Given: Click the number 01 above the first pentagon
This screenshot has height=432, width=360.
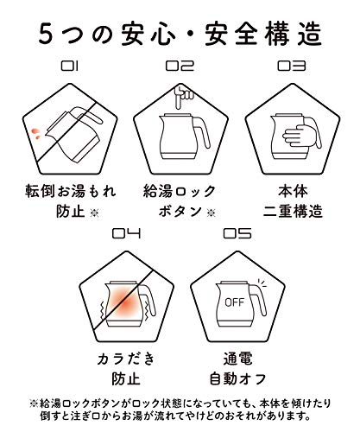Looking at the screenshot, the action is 70,66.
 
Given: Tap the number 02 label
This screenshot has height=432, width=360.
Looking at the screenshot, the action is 180,66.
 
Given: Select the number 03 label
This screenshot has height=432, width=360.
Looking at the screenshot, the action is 291,66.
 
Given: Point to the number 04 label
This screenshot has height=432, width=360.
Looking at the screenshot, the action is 126,233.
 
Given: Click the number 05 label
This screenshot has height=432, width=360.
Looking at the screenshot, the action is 237,233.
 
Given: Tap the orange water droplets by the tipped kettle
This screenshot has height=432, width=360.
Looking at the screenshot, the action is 35,134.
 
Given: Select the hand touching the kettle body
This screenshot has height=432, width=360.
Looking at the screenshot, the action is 296,136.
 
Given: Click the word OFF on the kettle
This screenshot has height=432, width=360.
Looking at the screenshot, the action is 234,302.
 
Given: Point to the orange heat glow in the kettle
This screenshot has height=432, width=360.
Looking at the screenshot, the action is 125,302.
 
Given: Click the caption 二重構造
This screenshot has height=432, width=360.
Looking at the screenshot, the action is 293,212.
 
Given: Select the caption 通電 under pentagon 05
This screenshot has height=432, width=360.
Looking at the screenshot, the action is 237,359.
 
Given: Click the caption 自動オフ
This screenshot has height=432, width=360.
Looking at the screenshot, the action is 237,378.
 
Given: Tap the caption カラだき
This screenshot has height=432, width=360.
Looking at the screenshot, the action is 126,359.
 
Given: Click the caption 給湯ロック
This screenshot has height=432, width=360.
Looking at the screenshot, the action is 180,192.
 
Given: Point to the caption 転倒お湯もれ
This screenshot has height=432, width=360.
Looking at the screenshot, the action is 71,192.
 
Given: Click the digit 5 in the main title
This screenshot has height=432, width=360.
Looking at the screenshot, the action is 46,34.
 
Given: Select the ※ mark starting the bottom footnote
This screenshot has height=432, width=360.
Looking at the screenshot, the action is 34,403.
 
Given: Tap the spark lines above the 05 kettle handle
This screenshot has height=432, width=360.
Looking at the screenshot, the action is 262,283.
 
